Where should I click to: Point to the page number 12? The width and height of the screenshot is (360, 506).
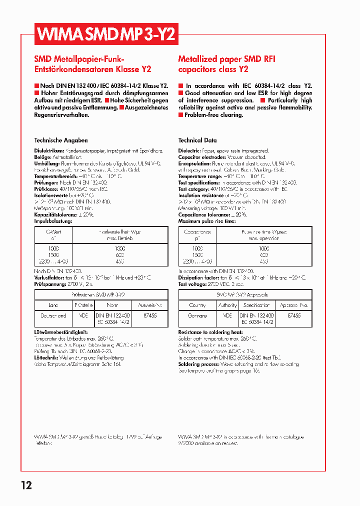(26, 485)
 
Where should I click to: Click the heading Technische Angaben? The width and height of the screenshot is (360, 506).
(61, 140)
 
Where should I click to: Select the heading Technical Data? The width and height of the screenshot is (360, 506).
(197, 140)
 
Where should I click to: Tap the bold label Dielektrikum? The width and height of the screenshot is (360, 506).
(49, 150)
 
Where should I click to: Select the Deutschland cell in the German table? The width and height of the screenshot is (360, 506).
(53, 315)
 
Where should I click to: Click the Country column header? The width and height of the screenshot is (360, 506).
(197, 305)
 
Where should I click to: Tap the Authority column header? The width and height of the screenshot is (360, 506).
(227, 305)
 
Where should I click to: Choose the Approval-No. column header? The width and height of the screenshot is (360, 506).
(294, 305)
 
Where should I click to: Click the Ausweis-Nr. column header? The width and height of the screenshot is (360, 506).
(150, 305)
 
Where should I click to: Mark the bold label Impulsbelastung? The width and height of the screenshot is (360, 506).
(53, 220)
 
